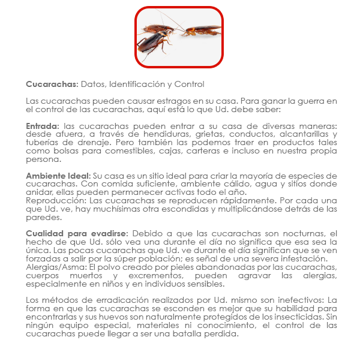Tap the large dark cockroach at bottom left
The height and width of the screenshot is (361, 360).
pos(155,43)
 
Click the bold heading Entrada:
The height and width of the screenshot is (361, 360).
pos(43,126)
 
